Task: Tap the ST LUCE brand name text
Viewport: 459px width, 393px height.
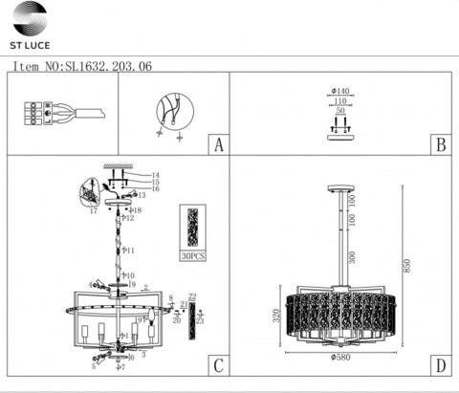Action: point(31,45)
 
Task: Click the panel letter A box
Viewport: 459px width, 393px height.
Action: point(218,145)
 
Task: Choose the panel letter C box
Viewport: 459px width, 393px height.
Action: point(218,364)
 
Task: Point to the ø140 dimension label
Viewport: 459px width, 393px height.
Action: point(339,92)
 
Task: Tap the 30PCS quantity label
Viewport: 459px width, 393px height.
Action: point(193,256)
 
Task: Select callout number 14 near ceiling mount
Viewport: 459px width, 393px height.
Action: point(156,175)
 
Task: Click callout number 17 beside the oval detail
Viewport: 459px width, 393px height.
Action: point(94,211)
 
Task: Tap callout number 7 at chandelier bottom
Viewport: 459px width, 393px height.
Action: point(122,367)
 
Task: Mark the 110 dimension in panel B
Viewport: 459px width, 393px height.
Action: point(339,101)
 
